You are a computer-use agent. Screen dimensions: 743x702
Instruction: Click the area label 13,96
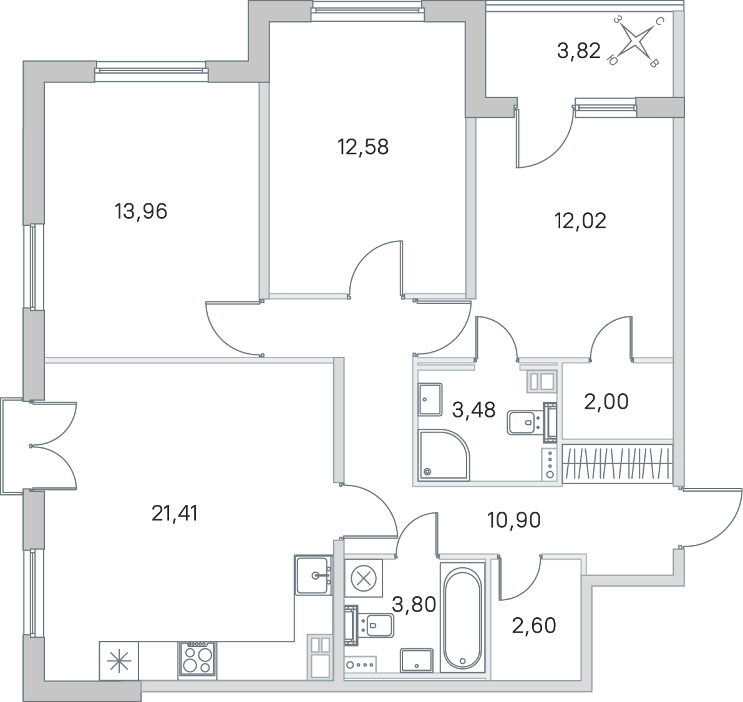point(141,212)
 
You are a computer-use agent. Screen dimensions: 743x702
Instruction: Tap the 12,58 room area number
point(363,147)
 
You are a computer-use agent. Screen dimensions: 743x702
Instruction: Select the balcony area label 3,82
point(578,51)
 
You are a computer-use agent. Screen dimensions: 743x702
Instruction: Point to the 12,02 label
point(580,221)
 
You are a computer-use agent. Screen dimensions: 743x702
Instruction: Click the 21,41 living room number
point(175,514)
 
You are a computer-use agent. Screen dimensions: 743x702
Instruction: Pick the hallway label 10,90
point(514,520)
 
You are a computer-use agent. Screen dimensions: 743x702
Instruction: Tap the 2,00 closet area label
point(606,401)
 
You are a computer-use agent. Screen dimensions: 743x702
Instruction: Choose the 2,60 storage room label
point(534,625)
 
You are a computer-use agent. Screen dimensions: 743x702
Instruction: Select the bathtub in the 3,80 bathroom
point(462,617)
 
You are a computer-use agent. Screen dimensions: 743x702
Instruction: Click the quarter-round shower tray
point(444,455)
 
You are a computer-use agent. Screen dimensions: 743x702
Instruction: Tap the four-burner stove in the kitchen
point(197,659)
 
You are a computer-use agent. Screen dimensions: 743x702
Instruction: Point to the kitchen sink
point(313,575)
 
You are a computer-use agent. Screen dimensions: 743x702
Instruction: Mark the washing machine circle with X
point(364,578)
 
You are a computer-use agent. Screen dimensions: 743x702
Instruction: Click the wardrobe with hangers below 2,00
point(618,464)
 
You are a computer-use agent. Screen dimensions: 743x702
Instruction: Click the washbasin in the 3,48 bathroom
point(430,399)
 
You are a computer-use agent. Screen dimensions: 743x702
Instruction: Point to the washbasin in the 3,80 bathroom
point(417,661)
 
